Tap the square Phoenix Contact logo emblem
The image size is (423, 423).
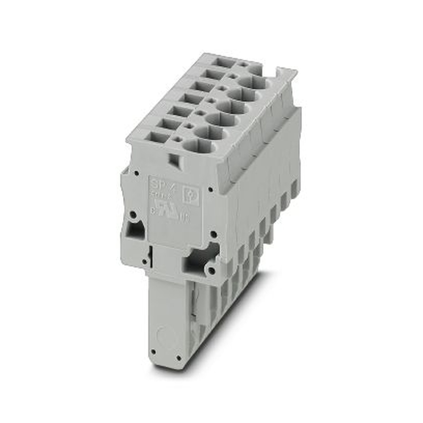pos(190,196)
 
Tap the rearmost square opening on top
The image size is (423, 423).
pos(224,63)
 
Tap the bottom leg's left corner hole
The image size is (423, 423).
pos(153,351)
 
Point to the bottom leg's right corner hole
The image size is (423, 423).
pos(179,358)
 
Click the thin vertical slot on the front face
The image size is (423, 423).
pos(150,256)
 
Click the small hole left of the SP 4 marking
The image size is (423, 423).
pos(137,173)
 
